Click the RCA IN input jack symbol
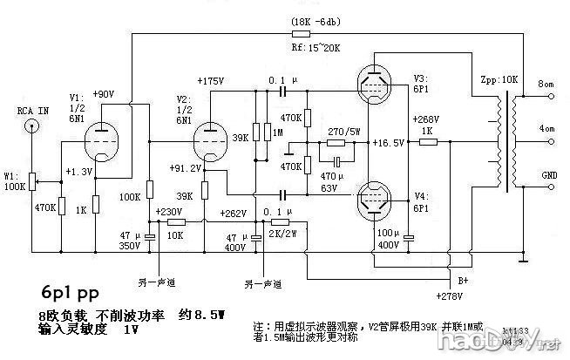pos(32,126)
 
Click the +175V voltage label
pos(212,81)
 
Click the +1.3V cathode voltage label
pos(79,172)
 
